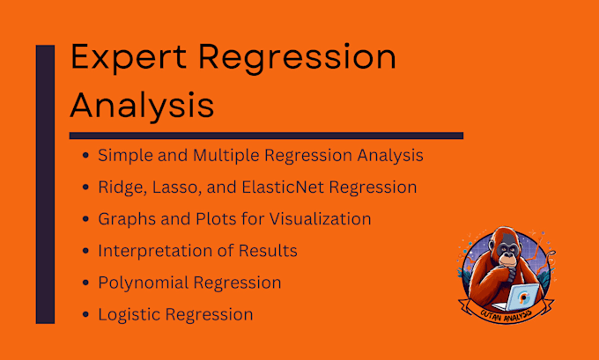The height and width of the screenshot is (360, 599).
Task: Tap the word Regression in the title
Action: (296, 60)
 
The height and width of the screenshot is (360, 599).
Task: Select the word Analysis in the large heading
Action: (142, 105)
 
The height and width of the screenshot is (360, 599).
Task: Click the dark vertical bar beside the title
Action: (44, 185)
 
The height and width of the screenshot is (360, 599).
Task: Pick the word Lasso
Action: (174, 187)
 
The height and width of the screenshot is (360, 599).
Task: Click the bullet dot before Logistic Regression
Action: (85, 314)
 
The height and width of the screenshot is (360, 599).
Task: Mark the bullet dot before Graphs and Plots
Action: (85, 219)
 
